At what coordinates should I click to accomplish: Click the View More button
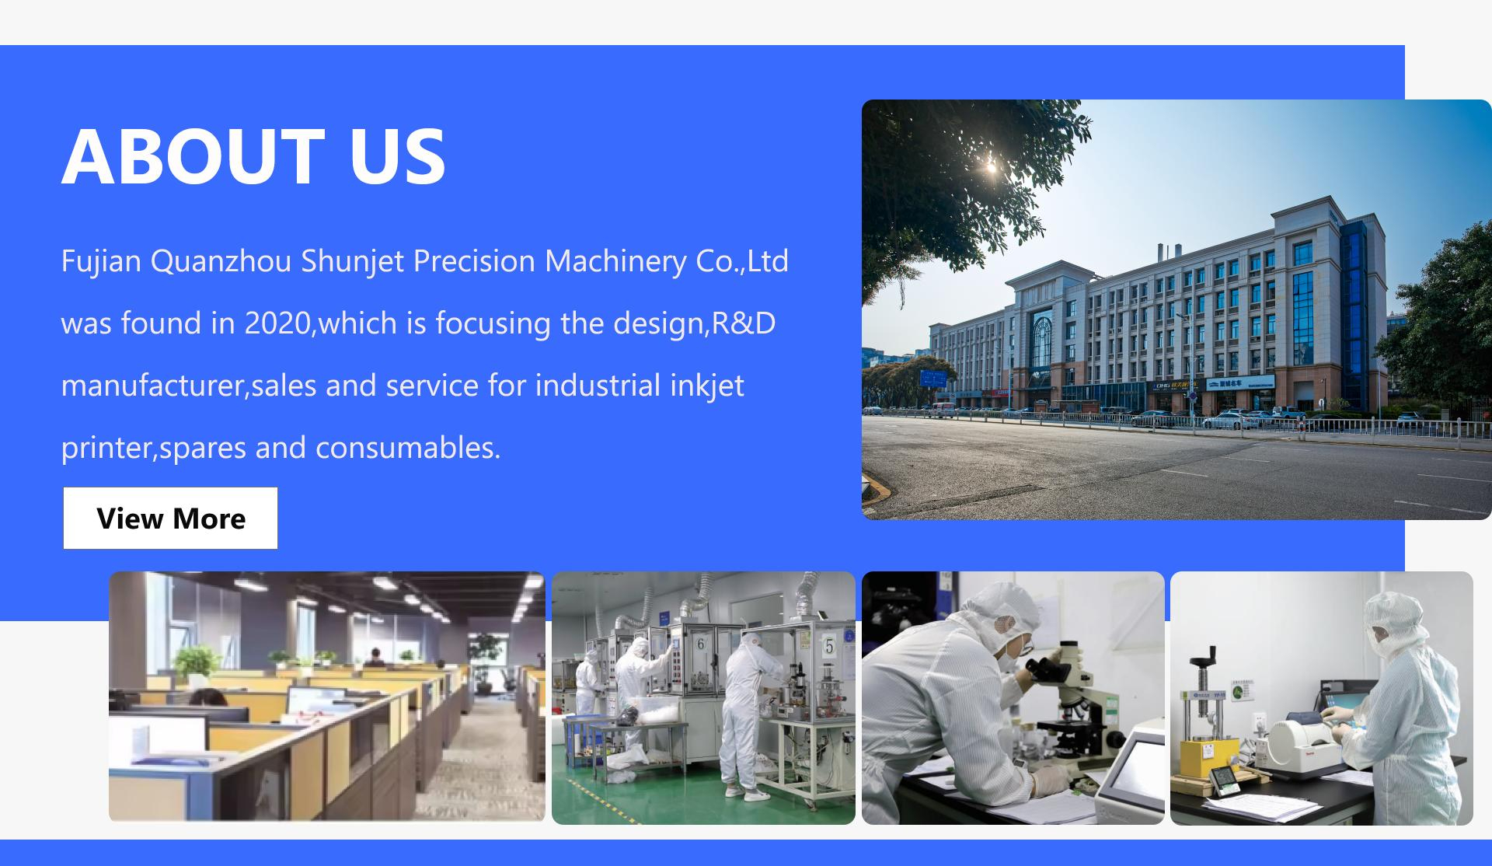pos(170,519)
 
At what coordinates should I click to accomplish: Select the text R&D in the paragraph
pos(744,323)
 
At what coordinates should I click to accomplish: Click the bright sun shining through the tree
pos(990,165)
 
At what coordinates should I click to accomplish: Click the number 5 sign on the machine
pos(829,647)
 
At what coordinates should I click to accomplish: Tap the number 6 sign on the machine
pos(700,644)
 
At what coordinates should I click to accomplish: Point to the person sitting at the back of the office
pos(375,657)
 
